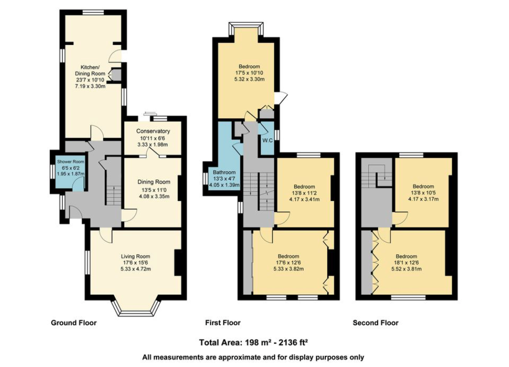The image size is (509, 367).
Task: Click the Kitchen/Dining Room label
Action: (90, 70)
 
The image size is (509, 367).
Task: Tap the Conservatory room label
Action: (153, 131)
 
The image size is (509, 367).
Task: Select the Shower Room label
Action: (70, 162)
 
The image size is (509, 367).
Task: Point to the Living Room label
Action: (135, 256)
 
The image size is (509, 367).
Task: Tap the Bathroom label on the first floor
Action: (224, 172)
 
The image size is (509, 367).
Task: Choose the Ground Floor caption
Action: (74, 323)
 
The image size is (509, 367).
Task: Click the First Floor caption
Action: (223, 323)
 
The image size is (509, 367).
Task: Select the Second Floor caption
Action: (375, 323)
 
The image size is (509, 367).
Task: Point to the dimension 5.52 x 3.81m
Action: (406, 269)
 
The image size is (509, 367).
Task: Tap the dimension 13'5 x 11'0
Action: (154, 190)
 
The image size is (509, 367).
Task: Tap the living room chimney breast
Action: (178, 263)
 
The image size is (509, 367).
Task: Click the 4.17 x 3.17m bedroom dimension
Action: (423, 199)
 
